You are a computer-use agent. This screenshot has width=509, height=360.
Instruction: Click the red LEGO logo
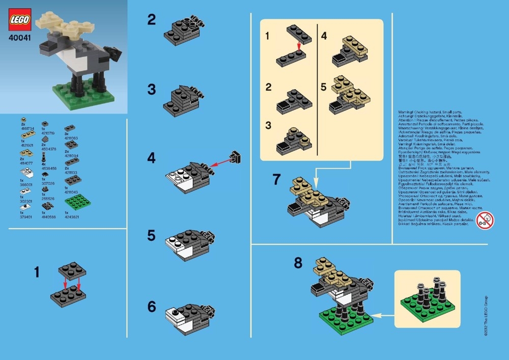tap(20, 19)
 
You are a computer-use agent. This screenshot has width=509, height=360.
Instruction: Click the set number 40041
tap(20, 37)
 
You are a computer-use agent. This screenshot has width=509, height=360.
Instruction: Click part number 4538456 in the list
tap(49, 168)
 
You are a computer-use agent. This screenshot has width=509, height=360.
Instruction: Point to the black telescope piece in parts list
tap(44, 156)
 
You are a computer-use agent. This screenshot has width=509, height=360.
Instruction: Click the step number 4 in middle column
tap(151, 158)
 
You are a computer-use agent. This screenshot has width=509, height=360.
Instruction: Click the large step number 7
tap(276, 179)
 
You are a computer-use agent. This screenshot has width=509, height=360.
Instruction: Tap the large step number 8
tap(298, 263)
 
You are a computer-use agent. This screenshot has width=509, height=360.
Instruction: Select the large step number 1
tap(37, 272)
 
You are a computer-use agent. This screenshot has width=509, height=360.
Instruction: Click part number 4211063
tap(72, 138)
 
